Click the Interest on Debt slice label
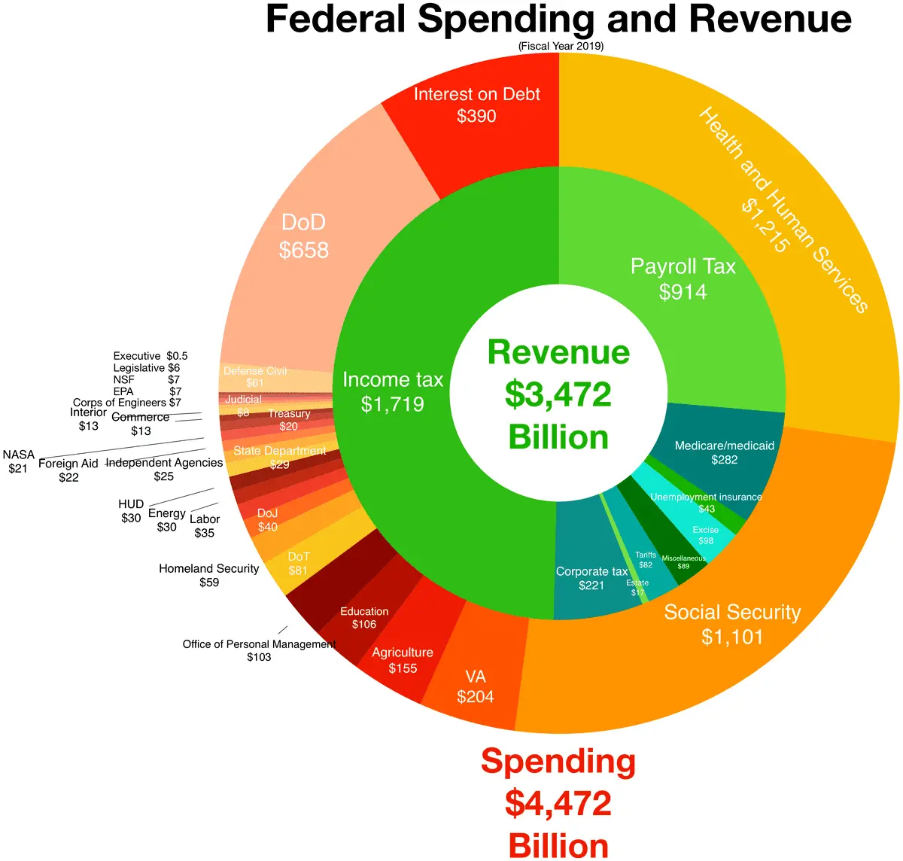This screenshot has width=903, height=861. pos(476,105)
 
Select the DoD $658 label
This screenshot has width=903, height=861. pos(304,236)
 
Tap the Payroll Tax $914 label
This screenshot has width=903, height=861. pos(683,278)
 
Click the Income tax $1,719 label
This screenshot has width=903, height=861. pos(393,391)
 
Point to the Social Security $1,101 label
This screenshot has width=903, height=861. pos(732,624)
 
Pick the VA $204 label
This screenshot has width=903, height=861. pos(476,686)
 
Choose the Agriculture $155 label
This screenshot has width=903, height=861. pos(403,660)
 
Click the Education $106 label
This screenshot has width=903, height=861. pos(364,617)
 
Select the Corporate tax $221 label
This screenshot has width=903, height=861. pos(591,578)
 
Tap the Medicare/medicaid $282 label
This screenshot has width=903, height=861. pos(724,452)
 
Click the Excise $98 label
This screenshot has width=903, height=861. pos(706,535)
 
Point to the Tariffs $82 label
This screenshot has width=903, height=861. pos(646,560)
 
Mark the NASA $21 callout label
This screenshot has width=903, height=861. pos(18,461)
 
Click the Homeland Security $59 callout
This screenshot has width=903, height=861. pos(208,575)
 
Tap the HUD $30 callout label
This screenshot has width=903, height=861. pos(131,511)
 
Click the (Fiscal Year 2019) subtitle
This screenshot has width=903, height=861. pos(561,46)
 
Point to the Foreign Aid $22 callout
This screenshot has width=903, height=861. pos(68,470)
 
